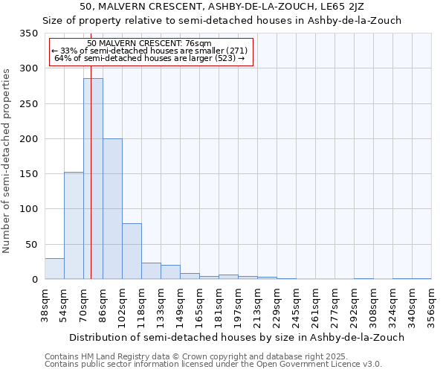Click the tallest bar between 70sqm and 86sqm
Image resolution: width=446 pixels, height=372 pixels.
pos(93,179)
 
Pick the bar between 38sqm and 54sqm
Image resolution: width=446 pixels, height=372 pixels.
pos(54,269)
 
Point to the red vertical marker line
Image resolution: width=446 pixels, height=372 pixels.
pos(91,149)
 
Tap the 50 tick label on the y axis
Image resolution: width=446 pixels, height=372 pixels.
pos(31,244)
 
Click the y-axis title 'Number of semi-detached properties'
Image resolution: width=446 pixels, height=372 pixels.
pos(7,161)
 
